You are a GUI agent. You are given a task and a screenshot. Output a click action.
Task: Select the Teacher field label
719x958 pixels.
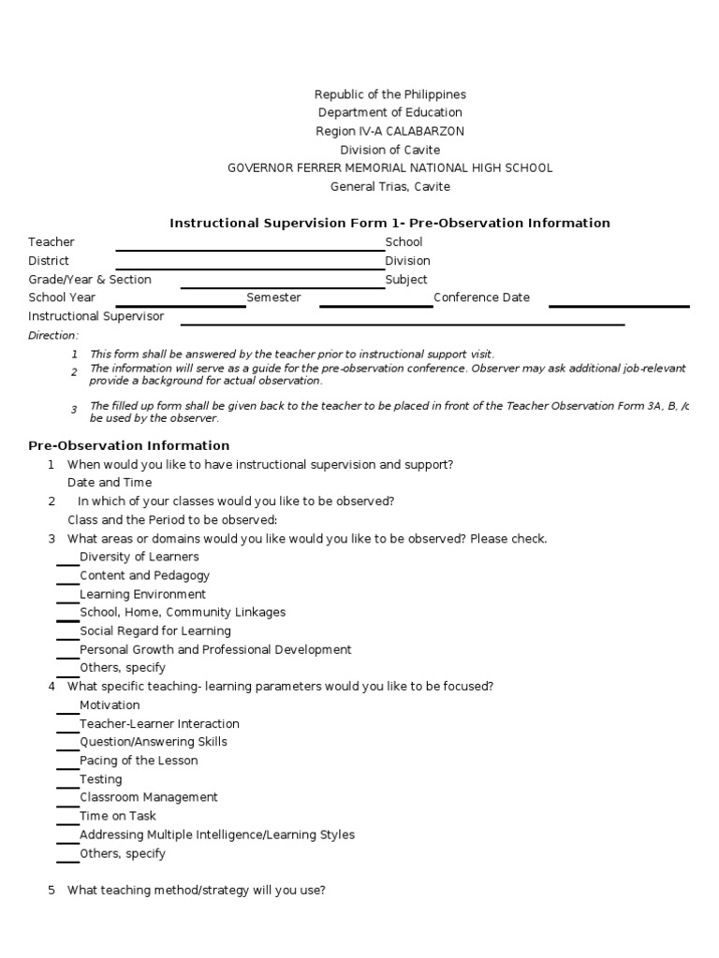pyautogui.click(x=51, y=242)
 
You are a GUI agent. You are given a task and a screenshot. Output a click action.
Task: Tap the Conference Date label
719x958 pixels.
pyautogui.click(x=481, y=298)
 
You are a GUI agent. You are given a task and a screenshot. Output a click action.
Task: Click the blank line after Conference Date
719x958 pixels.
pyautogui.click(x=619, y=304)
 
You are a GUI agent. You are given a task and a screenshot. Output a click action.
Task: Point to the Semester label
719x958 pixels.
pyautogui.click(x=273, y=298)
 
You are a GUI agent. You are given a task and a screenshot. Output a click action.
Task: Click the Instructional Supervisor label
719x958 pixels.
pyautogui.click(x=95, y=316)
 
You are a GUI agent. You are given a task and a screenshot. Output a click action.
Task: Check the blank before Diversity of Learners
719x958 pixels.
pyautogui.click(x=67, y=563)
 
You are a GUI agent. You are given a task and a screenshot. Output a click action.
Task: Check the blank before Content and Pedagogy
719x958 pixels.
pyautogui.click(x=67, y=582)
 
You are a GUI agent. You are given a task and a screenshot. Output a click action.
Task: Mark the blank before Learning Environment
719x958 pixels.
pyautogui.click(x=67, y=601)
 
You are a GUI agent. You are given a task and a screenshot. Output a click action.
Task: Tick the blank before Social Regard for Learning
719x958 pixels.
pyautogui.click(x=67, y=637)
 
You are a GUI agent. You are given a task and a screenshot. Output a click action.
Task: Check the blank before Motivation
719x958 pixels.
pyautogui.click(x=67, y=711)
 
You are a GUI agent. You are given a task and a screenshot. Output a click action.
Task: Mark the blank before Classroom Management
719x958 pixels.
pyautogui.click(x=67, y=804)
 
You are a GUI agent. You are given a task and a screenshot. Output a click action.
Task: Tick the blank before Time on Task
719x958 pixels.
pyautogui.click(x=67, y=822)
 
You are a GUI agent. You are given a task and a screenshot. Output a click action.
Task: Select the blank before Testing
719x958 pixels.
pyautogui.click(x=67, y=785)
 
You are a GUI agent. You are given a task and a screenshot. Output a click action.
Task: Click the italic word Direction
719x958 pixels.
pyautogui.click(x=53, y=335)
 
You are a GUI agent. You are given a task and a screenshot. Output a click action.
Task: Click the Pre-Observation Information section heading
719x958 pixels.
pyautogui.click(x=128, y=445)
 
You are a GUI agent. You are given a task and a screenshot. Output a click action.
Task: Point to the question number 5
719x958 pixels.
pyautogui.click(x=51, y=891)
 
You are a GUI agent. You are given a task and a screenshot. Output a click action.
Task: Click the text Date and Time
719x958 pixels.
pyautogui.click(x=110, y=483)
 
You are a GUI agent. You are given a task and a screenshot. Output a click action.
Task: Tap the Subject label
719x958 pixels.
pyautogui.click(x=406, y=280)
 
